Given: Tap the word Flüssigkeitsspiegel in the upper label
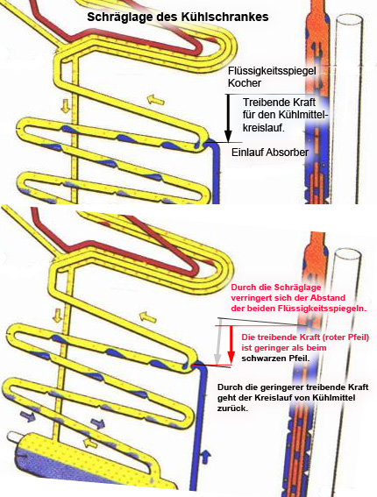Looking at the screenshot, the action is pos(272,71).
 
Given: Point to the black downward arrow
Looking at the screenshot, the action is pos(228,118).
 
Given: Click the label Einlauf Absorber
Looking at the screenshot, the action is pos(270,153).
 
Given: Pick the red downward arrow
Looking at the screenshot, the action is pos(231,344).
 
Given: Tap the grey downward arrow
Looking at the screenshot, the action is pos(217,341).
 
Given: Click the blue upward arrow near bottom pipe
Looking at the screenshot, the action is pos(206,456).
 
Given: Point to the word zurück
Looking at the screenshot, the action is pos(232,408).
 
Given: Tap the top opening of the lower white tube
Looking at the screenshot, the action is pos(347,255).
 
